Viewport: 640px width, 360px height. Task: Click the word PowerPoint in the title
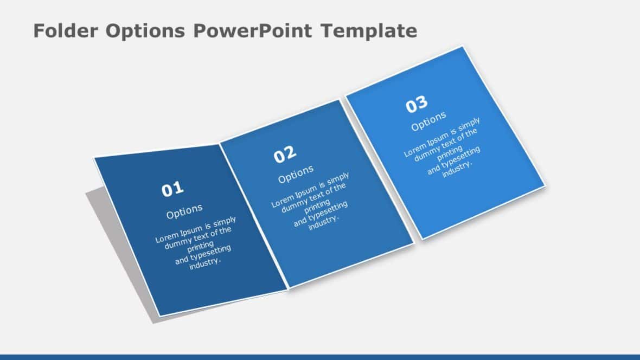pyautogui.click(x=252, y=31)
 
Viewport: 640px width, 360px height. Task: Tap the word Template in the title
pyautogui.click(x=368, y=31)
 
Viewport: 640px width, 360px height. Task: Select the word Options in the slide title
pyautogui.click(x=145, y=31)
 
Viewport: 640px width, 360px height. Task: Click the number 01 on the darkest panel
pyautogui.click(x=172, y=189)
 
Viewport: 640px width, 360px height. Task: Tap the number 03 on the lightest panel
pyautogui.click(x=417, y=104)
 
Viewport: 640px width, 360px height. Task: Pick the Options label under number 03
pyautogui.click(x=428, y=121)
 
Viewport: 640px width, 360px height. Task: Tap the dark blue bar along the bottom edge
pyautogui.click(x=320, y=357)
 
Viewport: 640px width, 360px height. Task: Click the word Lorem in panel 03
pyautogui.click(x=415, y=150)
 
